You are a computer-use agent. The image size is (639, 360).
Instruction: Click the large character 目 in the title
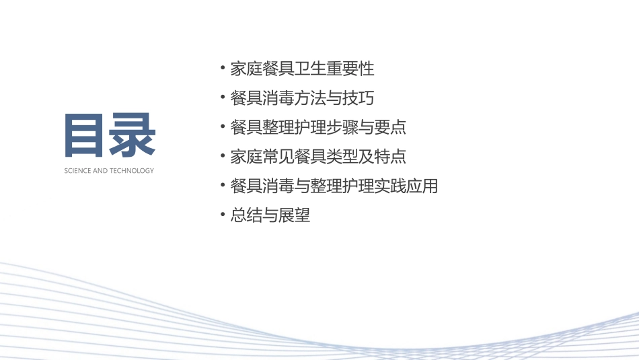tap(86, 135)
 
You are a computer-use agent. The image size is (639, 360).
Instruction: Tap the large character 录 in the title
tap(133, 135)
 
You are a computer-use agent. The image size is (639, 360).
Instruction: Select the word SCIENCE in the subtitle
tap(76, 171)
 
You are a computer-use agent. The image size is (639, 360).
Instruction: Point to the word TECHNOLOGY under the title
tap(131, 171)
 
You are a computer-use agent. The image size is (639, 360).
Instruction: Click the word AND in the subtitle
tap(98, 171)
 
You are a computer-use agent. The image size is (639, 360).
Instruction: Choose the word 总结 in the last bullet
tap(246, 215)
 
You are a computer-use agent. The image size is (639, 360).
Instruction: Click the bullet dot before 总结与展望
tap(223, 215)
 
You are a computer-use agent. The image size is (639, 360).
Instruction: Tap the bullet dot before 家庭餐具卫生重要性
tap(223, 68)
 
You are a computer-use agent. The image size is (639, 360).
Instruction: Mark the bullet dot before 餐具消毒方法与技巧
tap(223, 98)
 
